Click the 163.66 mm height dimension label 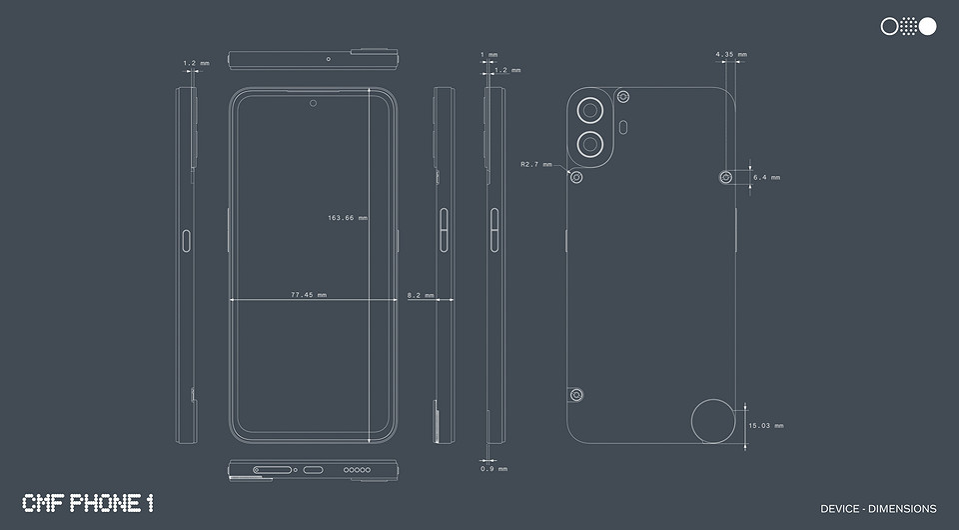point(347,217)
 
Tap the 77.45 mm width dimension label point(308,295)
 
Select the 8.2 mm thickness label point(421,295)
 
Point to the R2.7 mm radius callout point(535,164)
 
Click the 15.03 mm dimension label point(765,425)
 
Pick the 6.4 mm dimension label point(766,177)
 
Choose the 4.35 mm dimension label point(730,54)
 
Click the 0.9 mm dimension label point(493,468)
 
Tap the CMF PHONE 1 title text point(88,503)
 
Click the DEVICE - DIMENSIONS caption point(878,509)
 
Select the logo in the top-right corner point(908,27)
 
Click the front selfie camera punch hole point(313,102)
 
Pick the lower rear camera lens point(592,144)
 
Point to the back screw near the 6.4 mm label point(726,177)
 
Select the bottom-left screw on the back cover point(576,395)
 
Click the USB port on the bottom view point(313,469)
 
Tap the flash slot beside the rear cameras point(623,127)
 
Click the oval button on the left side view point(186,238)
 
